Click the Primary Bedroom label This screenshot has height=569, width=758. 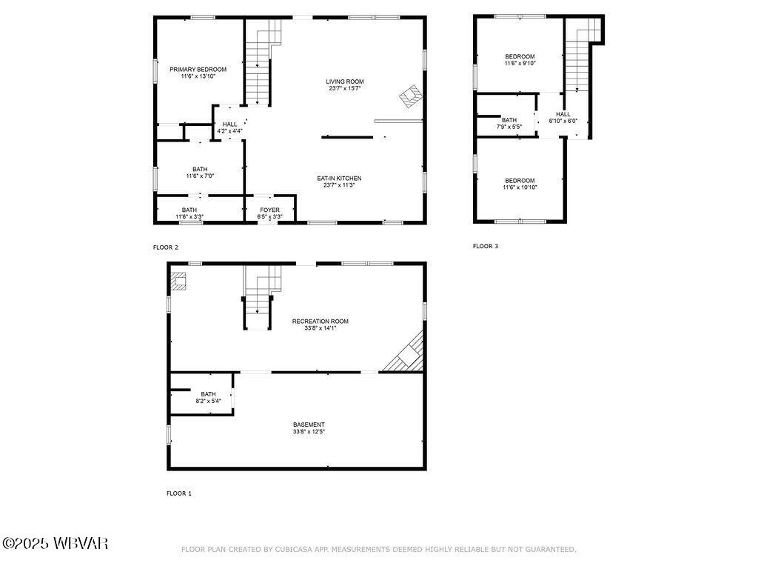(x=198, y=73)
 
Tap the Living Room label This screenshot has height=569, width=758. (x=345, y=84)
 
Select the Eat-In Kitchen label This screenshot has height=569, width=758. (x=339, y=182)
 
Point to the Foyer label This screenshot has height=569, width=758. (x=269, y=213)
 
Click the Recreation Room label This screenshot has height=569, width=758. (x=320, y=325)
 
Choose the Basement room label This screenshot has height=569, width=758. (x=309, y=427)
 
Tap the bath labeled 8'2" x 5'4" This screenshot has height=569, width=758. (x=208, y=397)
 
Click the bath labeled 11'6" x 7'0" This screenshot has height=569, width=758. (x=200, y=172)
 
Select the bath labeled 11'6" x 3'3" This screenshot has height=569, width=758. (x=189, y=213)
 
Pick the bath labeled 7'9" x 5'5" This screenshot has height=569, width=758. (x=509, y=123)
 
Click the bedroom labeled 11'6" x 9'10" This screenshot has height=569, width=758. (x=520, y=59)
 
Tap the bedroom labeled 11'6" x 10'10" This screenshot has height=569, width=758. (x=520, y=184)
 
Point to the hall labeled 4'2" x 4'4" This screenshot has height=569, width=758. (x=229, y=127)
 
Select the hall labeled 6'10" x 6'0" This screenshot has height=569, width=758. (x=563, y=117)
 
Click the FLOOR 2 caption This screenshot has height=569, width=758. (x=165, y=247)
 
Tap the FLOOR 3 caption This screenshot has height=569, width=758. (x=486, y=246)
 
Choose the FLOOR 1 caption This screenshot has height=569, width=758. (x=178, y=493)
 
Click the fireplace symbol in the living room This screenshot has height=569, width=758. (x=411, y=96)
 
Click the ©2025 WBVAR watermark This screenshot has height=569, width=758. (x=56, y=544)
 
